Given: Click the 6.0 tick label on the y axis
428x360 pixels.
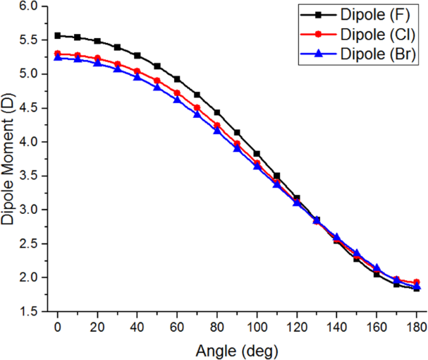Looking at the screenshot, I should (x=27, y=6).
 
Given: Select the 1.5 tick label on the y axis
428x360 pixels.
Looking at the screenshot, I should (x=27, y=311).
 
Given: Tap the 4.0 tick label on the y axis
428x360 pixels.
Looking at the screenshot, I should (x=27, y=142).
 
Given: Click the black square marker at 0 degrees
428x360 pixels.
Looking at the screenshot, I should (x=57, y=35).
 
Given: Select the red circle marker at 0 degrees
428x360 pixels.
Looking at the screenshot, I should (x=57, y=53).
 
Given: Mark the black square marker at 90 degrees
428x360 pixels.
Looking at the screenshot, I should (x=237, y=132).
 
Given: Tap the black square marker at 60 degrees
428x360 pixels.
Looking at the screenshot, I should (x=177, y=79).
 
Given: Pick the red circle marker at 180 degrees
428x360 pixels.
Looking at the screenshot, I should (x=417, y=282).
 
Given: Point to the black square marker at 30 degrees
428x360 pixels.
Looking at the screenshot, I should (x=117, y=47).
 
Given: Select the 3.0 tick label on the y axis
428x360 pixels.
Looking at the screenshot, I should (x=27, y=210).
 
